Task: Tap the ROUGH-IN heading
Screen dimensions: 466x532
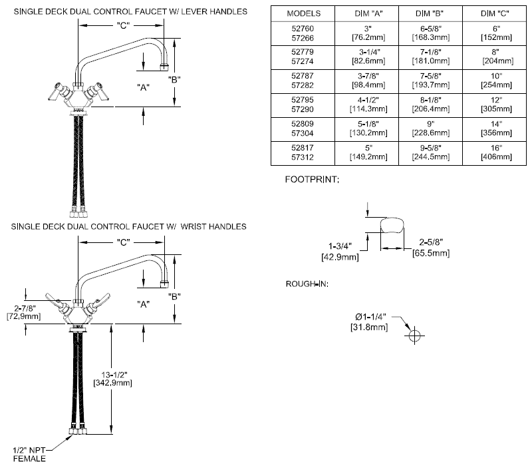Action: coord(307,284)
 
